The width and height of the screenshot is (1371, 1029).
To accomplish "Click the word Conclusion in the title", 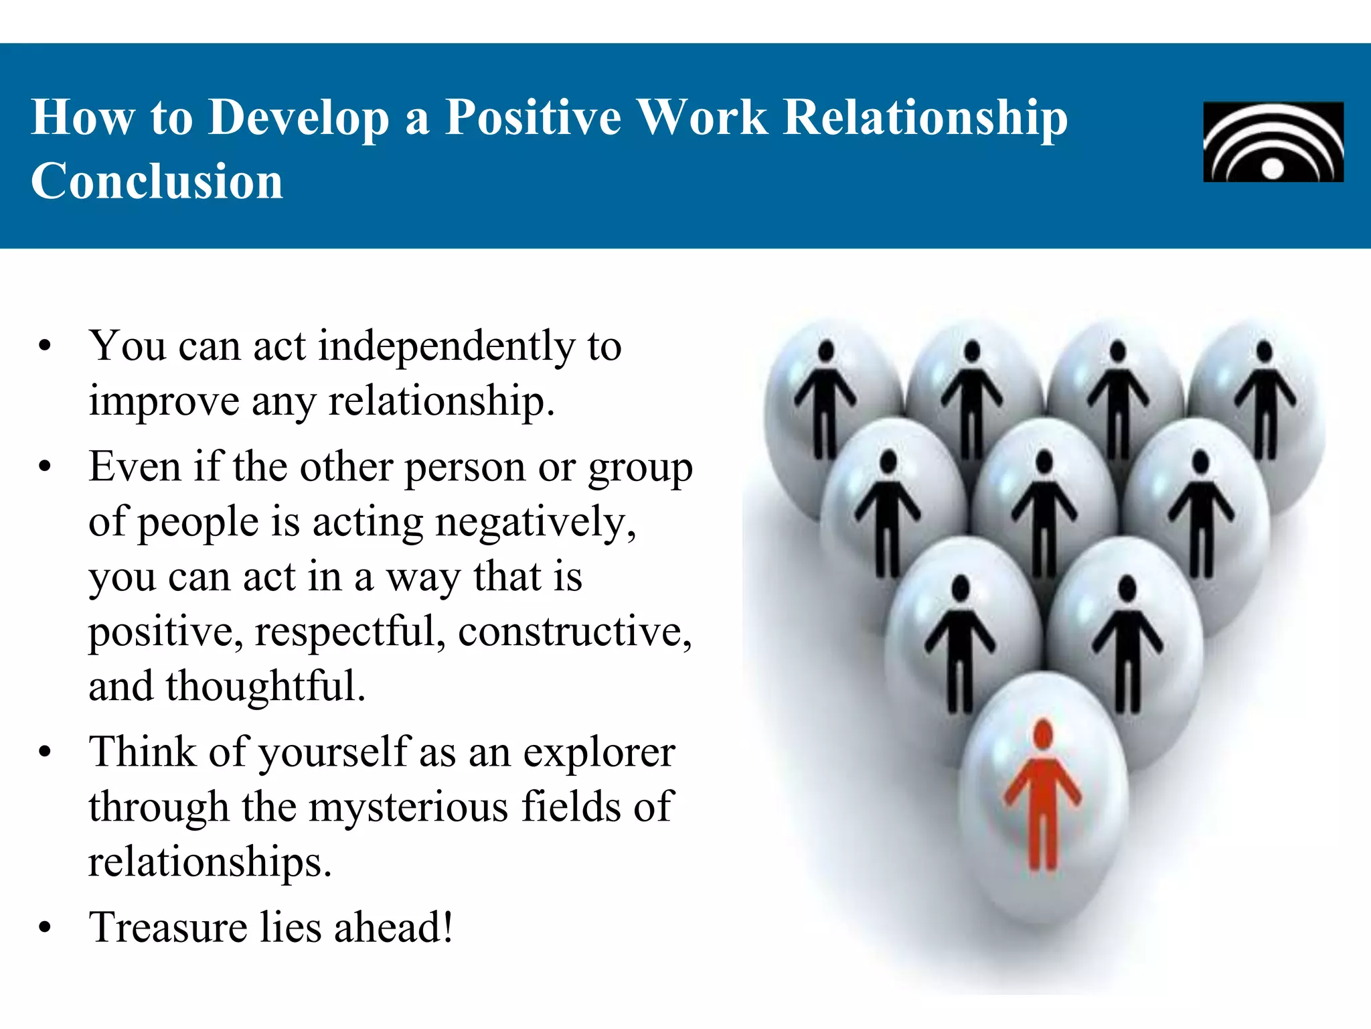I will (157, 182).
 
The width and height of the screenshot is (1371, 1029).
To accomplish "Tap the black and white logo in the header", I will (1273, 142).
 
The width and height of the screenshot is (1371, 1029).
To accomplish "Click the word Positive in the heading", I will (533, 118).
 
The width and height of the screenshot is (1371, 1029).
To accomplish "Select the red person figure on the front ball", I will (1043, 797).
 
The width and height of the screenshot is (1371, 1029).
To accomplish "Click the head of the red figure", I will (1043, 733).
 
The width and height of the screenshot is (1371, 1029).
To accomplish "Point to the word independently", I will (446, 347).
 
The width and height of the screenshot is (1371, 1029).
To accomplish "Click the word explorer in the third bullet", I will (598, 753).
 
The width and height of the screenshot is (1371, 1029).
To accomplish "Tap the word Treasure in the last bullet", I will (168, 929).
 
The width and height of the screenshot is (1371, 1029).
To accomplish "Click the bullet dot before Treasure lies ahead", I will (45, 929).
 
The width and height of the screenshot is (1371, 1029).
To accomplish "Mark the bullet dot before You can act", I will (45, 347).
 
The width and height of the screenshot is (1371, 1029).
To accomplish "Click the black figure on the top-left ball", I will (825, 399).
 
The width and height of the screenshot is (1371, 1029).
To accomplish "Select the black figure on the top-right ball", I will (1265, 399).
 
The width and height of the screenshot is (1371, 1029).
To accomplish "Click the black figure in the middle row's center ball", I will (1044, 512).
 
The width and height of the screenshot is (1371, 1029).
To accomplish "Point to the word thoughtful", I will (265, 687).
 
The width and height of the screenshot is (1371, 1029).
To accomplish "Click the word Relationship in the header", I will (924, 118).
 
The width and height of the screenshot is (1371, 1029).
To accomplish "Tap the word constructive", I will (574, 632).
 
